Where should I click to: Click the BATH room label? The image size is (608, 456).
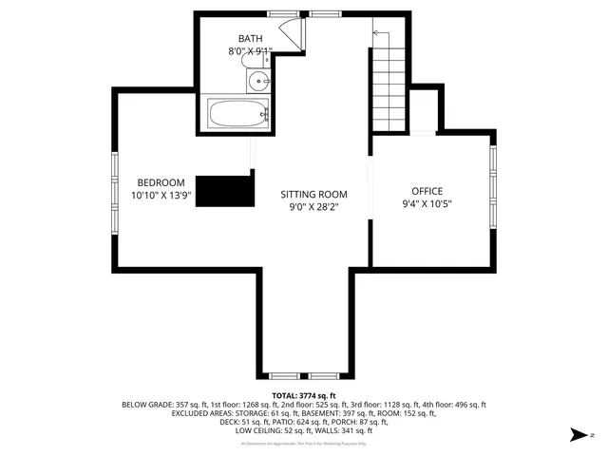(250, 39)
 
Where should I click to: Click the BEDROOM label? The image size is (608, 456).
(161, 182)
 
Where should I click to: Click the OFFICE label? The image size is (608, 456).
(427, 191)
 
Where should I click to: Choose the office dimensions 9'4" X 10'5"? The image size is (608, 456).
(427, 203)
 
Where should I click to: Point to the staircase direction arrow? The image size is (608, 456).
(377, 34)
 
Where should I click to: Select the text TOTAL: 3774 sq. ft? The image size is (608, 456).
(304, 395)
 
